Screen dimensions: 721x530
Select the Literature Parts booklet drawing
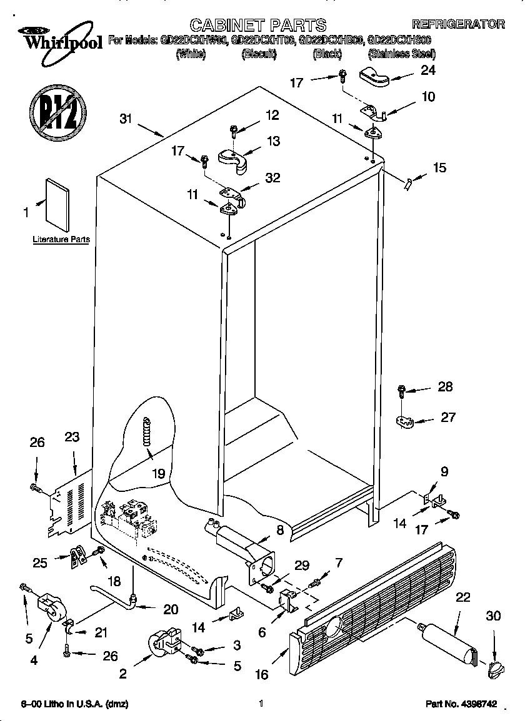(58, 204)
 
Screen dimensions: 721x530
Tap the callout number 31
(126, 120)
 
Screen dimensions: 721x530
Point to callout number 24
(427, 71)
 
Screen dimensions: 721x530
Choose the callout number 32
(272, 178)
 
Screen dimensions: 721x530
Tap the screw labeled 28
(402, 391)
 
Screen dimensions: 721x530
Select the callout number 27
(448, 418)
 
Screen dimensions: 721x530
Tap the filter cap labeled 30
(494, 670)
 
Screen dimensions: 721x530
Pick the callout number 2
(122, 673)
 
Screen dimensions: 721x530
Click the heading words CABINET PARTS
(257, 25)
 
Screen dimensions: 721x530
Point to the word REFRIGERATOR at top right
(458, 24)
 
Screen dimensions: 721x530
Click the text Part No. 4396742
(461, 704)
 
